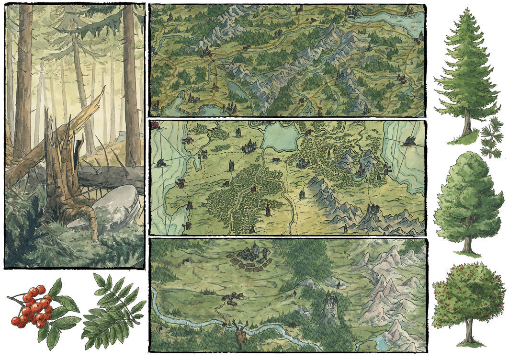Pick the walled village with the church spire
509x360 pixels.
[252, 256]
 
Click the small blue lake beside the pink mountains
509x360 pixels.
[383, 342]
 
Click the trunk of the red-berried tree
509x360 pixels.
[467, 330]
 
